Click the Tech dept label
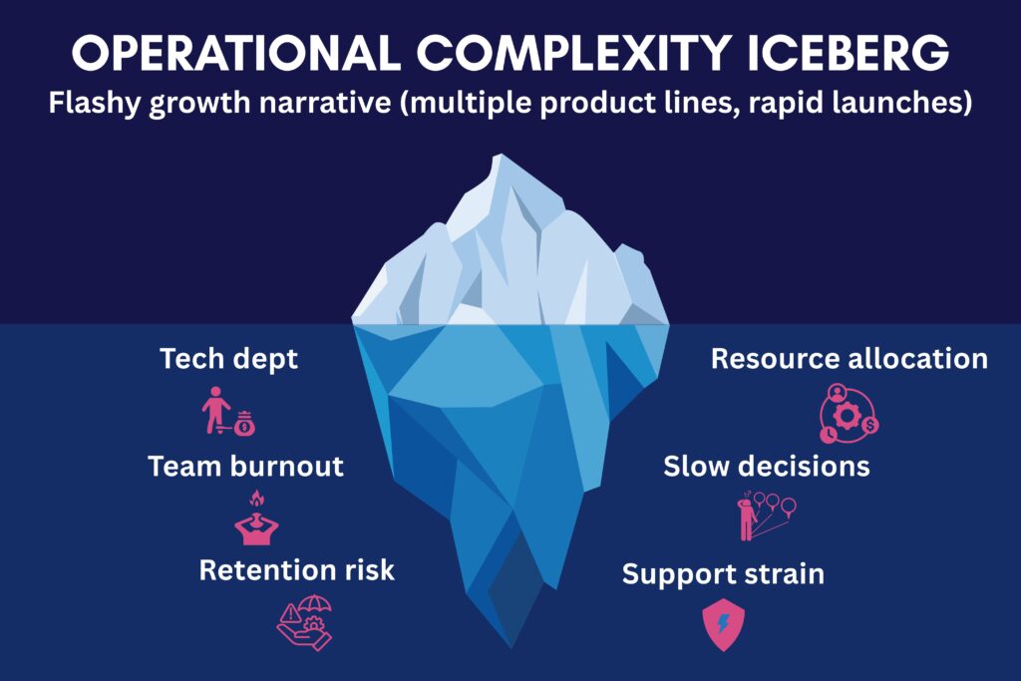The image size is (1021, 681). point(228,359)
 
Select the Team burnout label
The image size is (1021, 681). point(245,467)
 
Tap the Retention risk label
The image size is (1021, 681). point(297,569)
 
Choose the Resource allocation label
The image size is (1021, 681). point(850,359)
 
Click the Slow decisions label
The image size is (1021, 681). point(767,467)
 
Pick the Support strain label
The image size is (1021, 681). point(723,574)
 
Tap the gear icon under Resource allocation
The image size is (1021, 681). point(847,416)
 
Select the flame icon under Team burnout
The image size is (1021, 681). point(257,499)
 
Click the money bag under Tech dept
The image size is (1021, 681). point(244,424)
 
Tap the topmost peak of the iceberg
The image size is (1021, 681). point(501,155)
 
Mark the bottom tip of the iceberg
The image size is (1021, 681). point(511,647)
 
